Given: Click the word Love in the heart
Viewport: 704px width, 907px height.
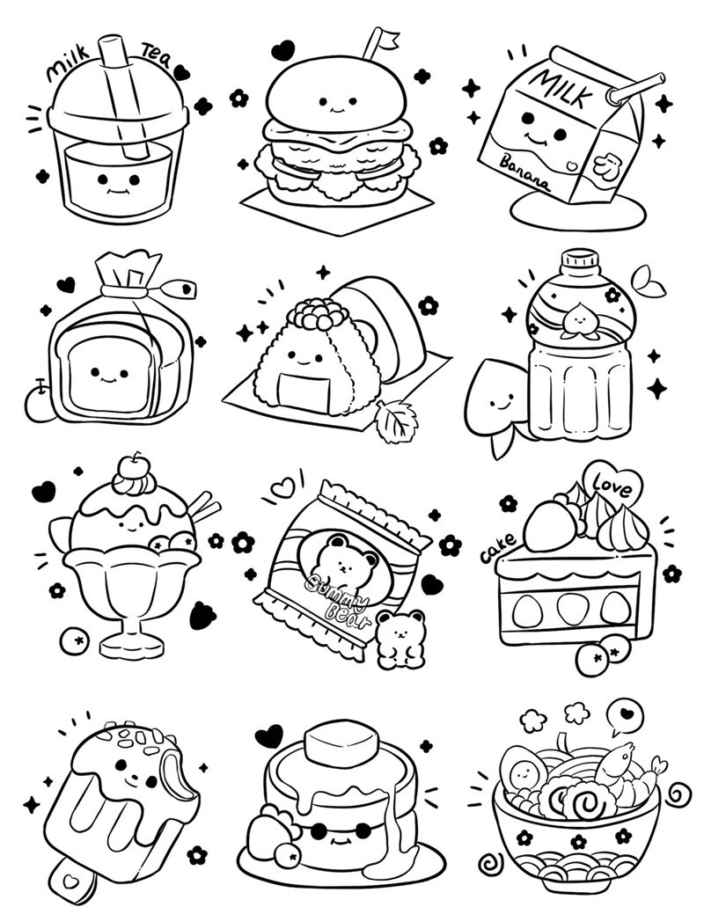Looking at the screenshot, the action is coord(612,486).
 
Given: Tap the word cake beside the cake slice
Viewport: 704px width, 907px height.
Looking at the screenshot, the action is coord(498,548).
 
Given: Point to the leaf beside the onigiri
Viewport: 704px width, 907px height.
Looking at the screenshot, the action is coord(396,421).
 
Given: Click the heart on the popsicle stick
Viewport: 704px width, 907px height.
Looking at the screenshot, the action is coord(70,881).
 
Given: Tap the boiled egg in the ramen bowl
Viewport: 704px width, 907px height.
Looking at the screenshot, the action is coord(524,771).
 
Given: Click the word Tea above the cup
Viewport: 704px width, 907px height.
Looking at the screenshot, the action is coord(156,57).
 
